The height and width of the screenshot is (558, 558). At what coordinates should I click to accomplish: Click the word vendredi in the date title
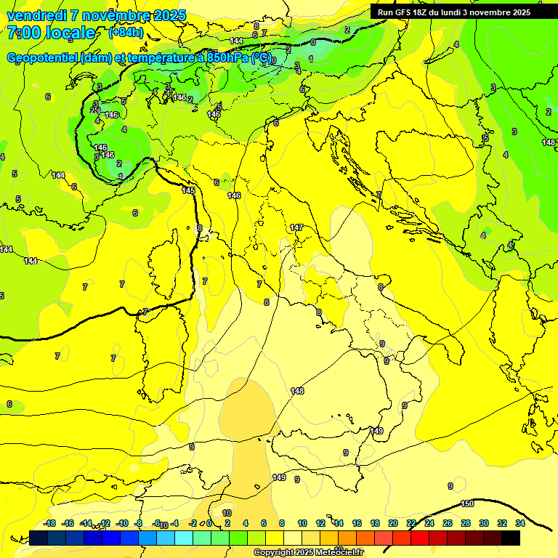pos(36,15)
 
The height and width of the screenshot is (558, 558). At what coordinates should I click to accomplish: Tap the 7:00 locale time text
pos(51,33)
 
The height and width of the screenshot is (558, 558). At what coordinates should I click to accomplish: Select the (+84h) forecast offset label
pos(126,33)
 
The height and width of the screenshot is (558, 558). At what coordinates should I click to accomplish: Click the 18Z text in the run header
pos(423,12)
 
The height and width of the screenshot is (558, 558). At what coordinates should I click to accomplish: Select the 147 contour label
pos(296,227)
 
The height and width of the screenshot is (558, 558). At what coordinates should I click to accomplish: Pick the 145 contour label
pos(188,190)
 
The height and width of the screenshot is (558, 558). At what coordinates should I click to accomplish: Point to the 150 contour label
pos(468,504)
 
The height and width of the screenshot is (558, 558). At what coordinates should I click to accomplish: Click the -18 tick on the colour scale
pos(49,523)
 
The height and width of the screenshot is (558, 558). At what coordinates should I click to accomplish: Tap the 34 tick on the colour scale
pos(520,523)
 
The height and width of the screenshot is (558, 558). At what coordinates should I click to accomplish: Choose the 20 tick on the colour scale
pos(392,523)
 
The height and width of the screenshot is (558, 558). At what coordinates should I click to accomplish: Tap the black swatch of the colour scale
pos(511,538)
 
